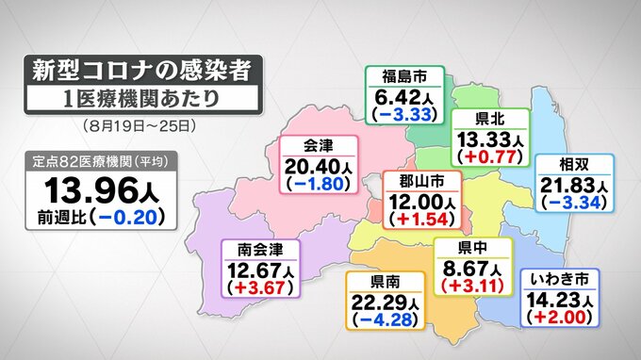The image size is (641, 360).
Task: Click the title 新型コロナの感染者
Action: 140,70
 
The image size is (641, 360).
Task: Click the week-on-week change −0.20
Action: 130,218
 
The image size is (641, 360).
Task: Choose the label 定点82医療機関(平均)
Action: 94,159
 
